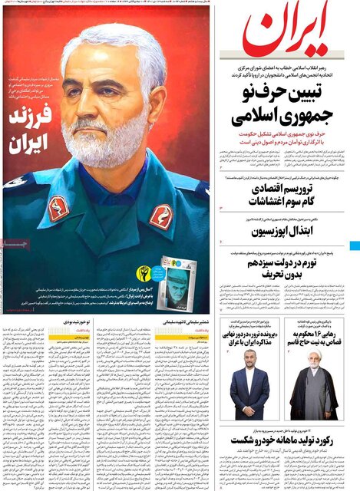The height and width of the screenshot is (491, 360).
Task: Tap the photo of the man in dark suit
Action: click(x=249, y=390)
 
